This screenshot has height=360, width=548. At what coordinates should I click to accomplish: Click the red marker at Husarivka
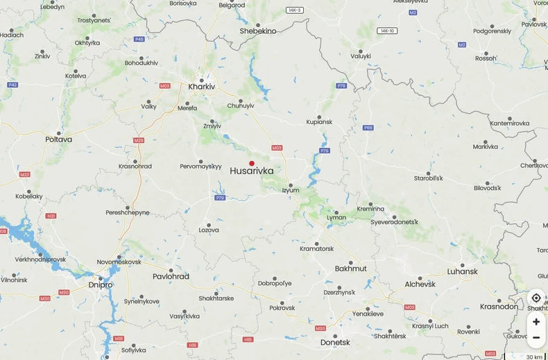click(252, 164)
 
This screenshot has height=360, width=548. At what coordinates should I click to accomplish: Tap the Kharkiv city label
click(202, 87)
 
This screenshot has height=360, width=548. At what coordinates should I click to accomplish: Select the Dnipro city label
click(101, 284)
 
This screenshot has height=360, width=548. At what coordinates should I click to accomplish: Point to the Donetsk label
click(335, 342)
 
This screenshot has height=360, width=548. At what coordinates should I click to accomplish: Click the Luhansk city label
click(463, 271)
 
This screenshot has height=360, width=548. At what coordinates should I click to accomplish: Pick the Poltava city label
click(59, 139)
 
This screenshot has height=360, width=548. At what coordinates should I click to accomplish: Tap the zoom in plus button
click(536, 322)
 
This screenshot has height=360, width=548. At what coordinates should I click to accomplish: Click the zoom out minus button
click(536, 338)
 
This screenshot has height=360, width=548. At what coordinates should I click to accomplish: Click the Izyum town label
click(291, 190)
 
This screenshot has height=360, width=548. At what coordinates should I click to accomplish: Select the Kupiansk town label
click(320, 121)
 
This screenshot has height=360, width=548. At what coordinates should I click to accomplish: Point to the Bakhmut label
click(350, 268)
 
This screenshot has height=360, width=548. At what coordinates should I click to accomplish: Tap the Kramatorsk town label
click(316, 248)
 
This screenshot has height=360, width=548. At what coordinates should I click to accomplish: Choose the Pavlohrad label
click(171, 276)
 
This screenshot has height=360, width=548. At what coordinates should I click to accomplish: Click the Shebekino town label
click(258, 31)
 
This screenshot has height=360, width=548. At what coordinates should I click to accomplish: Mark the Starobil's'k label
click(428, 178)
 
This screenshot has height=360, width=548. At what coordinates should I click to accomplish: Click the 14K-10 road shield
click(387, 31)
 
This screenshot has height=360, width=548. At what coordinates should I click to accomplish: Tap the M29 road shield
click(139, 140)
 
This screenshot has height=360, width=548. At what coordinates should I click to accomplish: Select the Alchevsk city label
click(420, 284)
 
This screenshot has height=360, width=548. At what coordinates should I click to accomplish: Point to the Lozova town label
click(209, 230)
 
